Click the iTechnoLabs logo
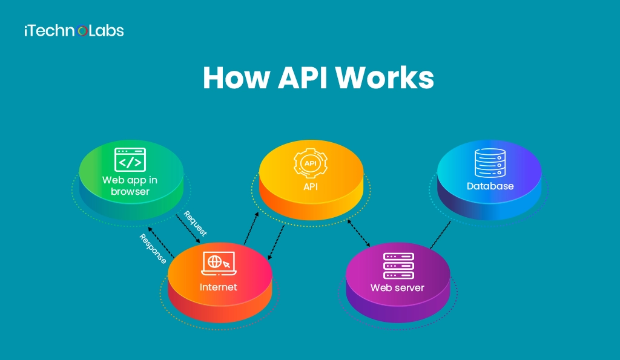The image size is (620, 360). click(x=74, y=30)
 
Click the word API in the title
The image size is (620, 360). click(x=298, y=78)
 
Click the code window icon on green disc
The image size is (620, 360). click(x=130, y=160)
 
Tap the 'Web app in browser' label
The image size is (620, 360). click(x=130, y=185)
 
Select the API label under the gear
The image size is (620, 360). click(x=311, y=186)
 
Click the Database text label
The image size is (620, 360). click(x=490, y=186)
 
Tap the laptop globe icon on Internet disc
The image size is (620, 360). click(x=218, y=263)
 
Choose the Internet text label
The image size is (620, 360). click(x=219, y=287)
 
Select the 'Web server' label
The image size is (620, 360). click(x=397, y=287)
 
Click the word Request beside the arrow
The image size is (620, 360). click(x=195, y=224)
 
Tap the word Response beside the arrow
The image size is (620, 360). click(x=153, y=248)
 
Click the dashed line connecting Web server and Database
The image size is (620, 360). click(x=440, y=235)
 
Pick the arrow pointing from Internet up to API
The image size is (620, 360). click(x=251, y=229)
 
